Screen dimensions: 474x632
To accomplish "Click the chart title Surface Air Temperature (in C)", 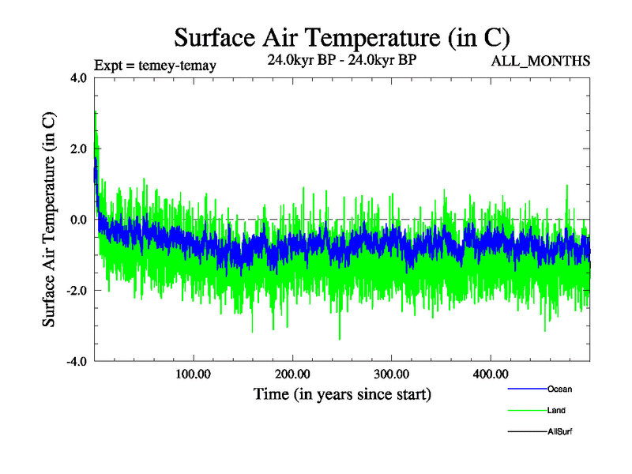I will pyautogui.click(x=342, y=37).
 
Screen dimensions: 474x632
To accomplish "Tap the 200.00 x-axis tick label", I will pyautogui.click(x=292, y=374).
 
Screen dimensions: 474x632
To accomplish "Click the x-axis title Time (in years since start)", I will pyautogui.click(x=342, y=393).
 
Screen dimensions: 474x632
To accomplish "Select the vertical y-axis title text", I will pyautogui.click(x=49, y=220).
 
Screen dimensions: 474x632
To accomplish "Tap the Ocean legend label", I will pyautogui.click(x=559, y=389).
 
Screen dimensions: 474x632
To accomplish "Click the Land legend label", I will pyautogui.click(x=556, y=410).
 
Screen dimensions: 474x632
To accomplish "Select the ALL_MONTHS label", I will pyautogui.click(x=540, y=62).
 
